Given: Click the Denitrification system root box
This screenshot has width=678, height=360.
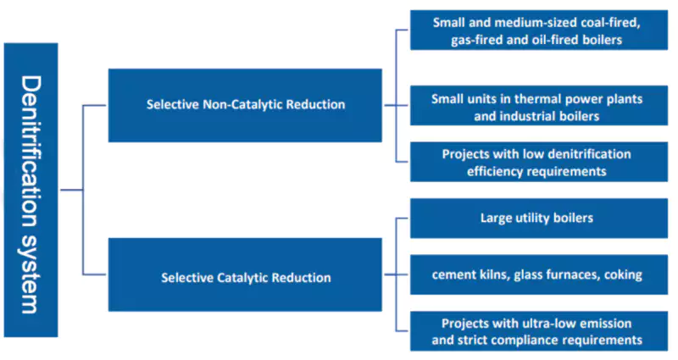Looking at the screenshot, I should click(31, 190).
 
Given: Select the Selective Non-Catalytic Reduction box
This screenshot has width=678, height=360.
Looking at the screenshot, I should click(245, 105).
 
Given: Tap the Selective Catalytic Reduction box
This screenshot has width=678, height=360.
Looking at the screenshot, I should click(245, 277).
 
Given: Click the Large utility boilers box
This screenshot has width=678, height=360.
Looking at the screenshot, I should click(537, 218).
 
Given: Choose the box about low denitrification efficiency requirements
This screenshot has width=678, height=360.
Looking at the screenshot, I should click(537, 162).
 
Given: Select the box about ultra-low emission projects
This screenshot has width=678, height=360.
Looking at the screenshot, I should click(537, 331).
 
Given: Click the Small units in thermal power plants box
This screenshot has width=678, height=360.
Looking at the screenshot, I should click(537, 106).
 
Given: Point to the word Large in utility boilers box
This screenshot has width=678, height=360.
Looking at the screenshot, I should click(497, 218).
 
